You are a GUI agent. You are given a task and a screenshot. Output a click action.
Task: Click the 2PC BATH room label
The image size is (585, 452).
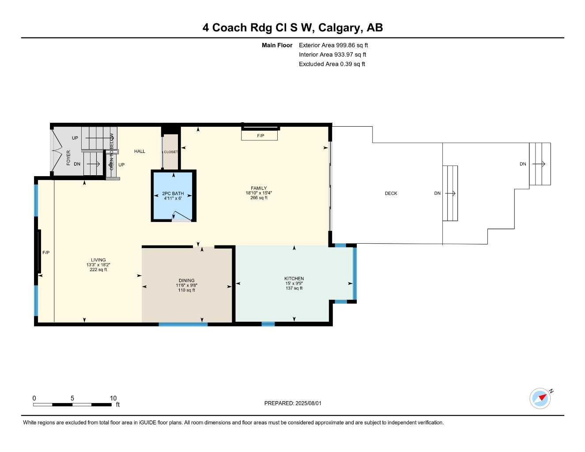173,193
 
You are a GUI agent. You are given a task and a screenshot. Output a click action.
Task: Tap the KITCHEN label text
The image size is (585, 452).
294,279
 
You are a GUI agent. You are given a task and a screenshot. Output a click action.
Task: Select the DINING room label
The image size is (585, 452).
186,280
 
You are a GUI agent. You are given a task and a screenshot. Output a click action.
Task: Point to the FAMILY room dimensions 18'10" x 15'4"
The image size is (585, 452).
259,193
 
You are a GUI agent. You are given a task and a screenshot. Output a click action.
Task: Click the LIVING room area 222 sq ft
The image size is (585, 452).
98,270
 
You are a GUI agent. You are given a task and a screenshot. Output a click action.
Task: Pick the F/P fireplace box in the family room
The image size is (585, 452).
260,135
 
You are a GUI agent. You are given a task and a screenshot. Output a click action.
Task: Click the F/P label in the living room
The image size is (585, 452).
46,252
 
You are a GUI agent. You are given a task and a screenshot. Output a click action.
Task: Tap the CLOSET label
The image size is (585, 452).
170,152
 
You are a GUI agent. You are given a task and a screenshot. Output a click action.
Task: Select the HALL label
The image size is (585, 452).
140,151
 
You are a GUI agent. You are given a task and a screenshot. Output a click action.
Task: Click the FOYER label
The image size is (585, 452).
68,158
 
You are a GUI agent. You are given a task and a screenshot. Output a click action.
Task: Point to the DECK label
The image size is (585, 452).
391,193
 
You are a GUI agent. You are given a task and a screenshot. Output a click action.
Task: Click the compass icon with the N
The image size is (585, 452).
540,398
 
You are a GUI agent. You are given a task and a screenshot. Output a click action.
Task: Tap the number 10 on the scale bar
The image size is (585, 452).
113,398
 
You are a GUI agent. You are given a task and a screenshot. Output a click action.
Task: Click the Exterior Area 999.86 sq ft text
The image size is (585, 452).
333,45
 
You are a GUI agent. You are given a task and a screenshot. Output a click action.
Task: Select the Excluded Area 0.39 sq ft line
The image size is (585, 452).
332,64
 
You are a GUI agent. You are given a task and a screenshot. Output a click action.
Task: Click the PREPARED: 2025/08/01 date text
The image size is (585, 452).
293,403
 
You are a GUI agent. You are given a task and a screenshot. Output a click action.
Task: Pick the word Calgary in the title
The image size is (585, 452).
339,27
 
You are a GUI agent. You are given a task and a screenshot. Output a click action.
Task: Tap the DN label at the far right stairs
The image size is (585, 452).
523,164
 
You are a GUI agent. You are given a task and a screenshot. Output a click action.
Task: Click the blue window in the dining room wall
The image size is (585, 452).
183,324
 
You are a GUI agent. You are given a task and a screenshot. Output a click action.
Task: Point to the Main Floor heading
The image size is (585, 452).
277,45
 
